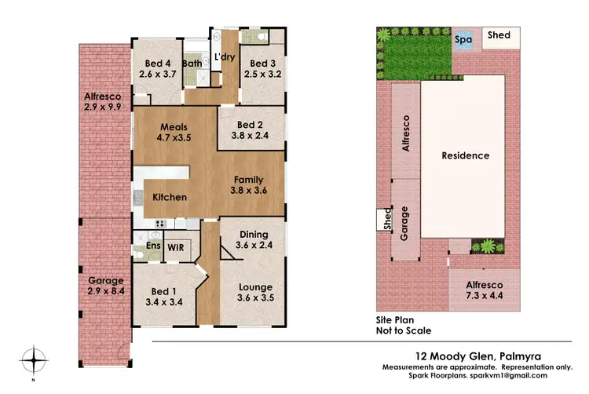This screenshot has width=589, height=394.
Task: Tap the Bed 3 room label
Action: coord(260,69)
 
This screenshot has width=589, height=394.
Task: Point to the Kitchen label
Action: coord(170,197)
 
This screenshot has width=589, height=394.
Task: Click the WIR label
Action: coord(174,246)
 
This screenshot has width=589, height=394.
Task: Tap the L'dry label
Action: coord(225,58)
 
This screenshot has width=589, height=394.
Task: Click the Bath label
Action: coord(192,64)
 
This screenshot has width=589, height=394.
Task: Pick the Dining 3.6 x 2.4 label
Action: coord(252,239)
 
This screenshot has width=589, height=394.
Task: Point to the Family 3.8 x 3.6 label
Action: coord(248,185)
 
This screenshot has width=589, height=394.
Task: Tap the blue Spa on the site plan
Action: coord(464,38)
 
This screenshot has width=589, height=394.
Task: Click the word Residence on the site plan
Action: coord(465,155)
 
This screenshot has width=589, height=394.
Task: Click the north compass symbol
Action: coord(33,360)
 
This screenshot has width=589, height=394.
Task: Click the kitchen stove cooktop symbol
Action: coord(158,223)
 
